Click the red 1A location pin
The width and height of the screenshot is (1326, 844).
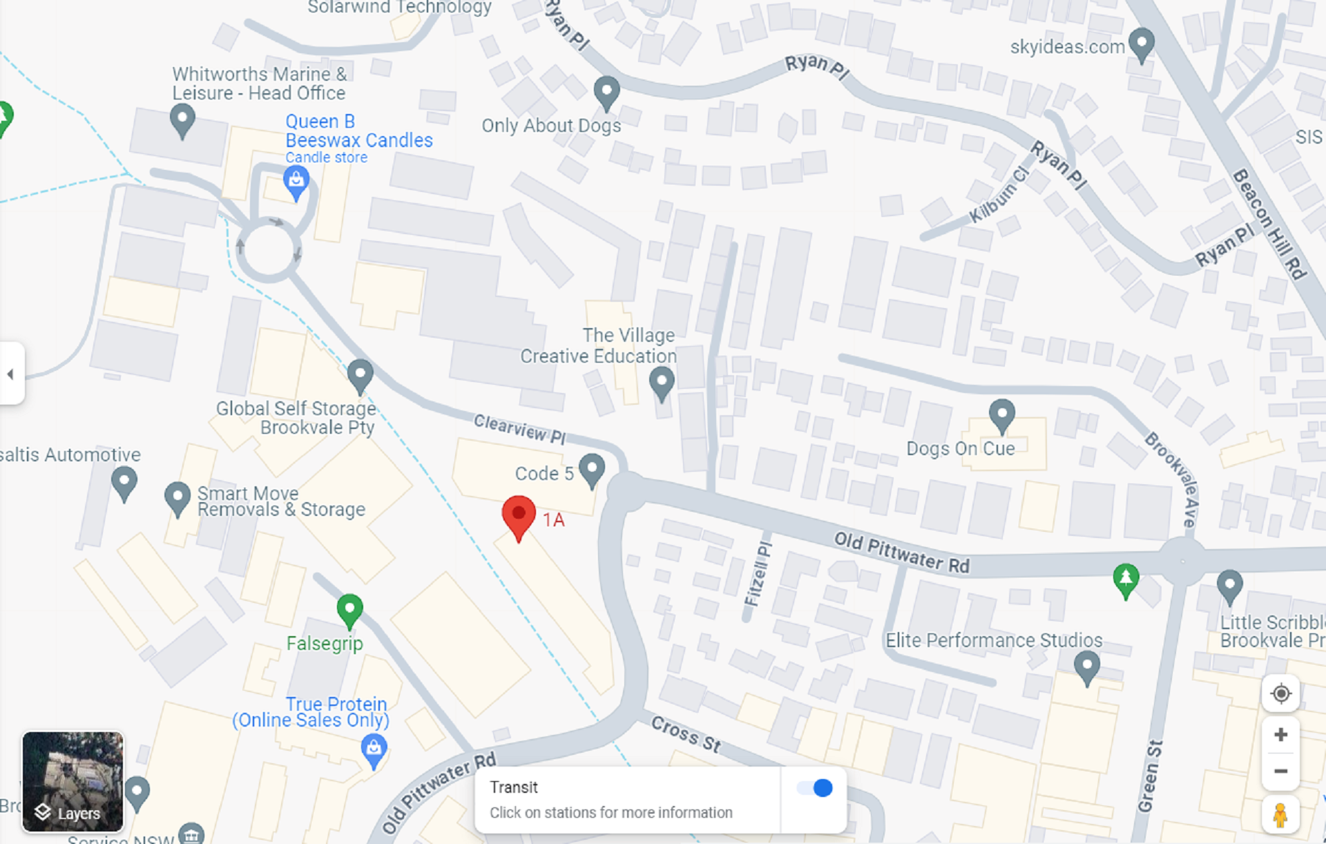519,516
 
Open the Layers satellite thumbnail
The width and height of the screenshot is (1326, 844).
73,781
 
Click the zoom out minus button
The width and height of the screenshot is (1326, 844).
1280,771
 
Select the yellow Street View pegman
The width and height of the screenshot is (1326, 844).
1280,815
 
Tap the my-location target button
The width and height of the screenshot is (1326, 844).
1280,693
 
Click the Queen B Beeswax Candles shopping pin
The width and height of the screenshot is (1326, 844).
296,182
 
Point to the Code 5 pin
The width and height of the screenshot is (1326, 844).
592,469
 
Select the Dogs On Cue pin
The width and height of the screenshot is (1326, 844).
1001,414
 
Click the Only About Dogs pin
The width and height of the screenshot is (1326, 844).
606,91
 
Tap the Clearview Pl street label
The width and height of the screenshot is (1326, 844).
519,428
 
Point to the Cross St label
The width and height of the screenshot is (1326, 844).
686,734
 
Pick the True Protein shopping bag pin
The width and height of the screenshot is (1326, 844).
374,749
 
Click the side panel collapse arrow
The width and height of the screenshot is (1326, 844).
10,374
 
